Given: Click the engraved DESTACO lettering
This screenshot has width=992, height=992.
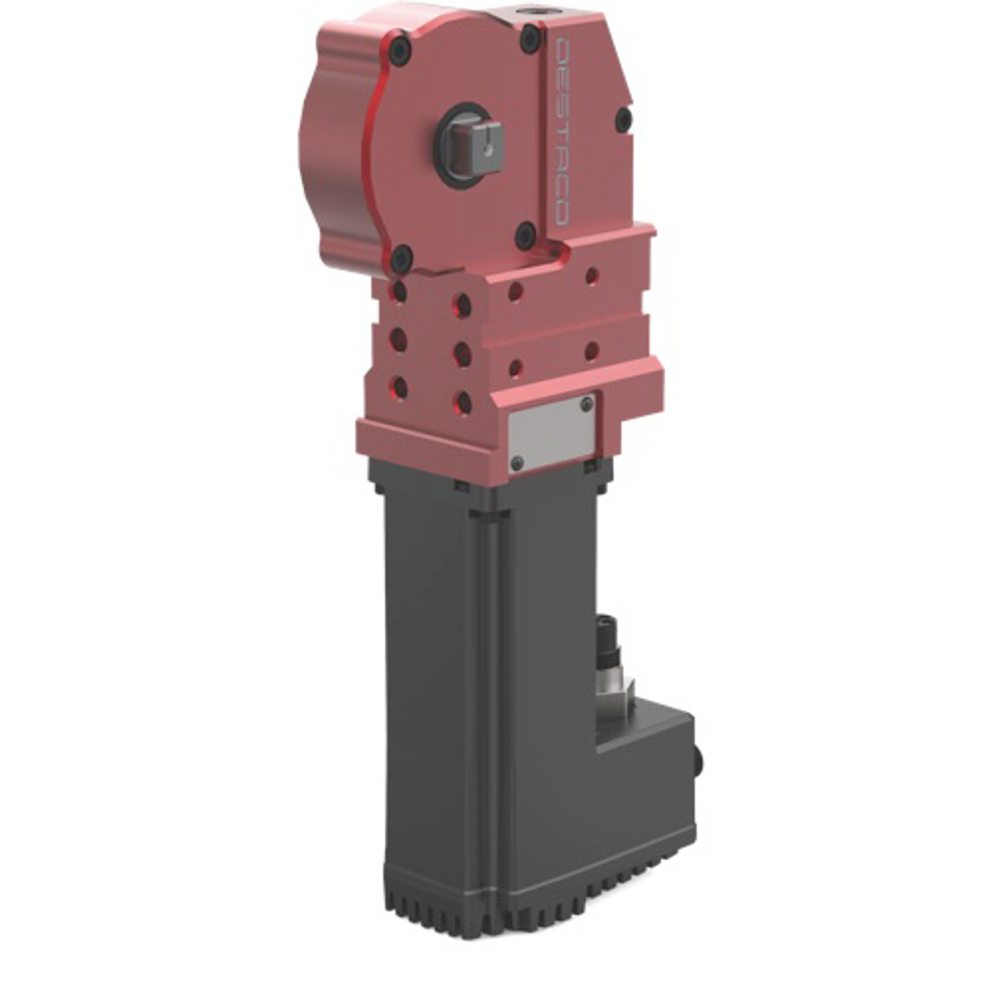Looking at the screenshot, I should pos(561,132).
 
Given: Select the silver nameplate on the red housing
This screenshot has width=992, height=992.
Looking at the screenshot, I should pos(552,434).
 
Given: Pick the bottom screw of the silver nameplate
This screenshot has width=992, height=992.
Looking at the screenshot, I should pos(518,462).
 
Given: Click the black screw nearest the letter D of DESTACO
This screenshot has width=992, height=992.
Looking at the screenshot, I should pos(530,38).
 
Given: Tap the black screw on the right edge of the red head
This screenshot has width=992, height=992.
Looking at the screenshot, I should pos(623,119).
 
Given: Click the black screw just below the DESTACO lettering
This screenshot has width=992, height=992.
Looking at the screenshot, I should pos(526,235).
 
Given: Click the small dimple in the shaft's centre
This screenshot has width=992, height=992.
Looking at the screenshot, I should pos(487,149).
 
